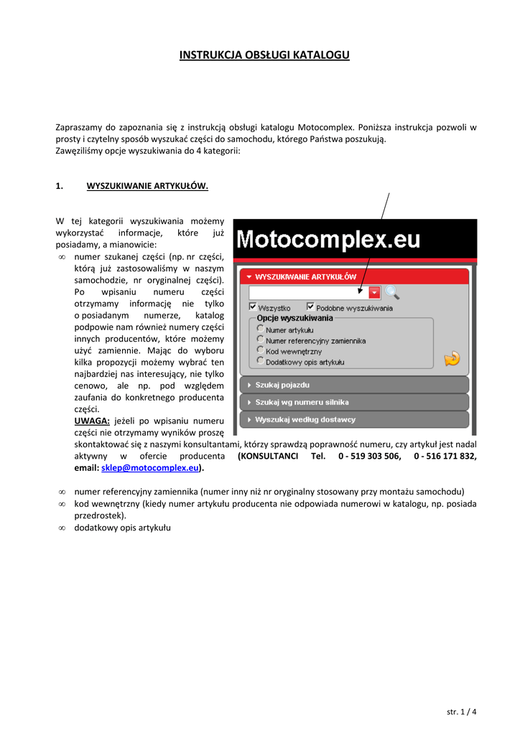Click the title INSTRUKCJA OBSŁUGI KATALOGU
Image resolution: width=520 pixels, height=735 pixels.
point(264,55)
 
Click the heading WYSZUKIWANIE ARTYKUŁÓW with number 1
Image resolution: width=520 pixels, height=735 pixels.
point(147,186)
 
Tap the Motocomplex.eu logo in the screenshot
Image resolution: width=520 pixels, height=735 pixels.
point(329,240)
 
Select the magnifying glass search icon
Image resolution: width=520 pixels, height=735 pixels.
point(391,291)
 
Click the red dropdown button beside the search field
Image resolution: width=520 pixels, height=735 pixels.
point(375,292)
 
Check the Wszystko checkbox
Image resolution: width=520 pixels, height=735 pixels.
point(253,306)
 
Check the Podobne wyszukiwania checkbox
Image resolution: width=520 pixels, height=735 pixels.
point(310,306)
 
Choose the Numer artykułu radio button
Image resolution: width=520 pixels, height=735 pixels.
point(260,329)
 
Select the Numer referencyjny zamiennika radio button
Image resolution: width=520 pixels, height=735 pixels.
point(260,340)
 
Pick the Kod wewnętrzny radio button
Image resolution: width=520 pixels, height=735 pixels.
point(260,350)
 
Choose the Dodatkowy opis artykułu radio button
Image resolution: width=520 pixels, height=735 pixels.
point(260,361)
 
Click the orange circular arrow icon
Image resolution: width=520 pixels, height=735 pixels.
point(451,357)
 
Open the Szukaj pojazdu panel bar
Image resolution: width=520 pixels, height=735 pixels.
point(353,385)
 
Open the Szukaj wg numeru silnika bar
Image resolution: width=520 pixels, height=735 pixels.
point(353,402)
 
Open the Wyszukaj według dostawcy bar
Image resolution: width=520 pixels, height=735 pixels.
point(353,419)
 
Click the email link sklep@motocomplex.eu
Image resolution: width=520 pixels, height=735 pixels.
point(150,468)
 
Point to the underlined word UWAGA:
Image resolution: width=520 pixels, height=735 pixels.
point(92,421)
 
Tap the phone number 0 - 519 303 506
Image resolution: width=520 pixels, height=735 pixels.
point(369,456)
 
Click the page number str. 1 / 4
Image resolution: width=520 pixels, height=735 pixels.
point(461,711)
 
